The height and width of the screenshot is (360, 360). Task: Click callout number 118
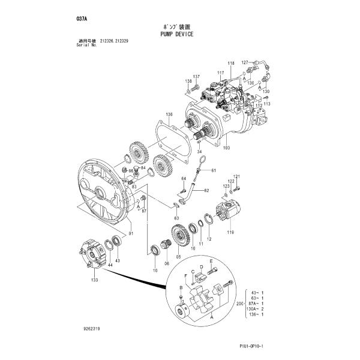click(231, 64)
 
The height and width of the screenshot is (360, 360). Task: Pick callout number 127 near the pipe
click(244, 62)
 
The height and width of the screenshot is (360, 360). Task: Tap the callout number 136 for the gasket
click(169, 114)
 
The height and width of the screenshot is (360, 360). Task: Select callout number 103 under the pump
click(226, 148)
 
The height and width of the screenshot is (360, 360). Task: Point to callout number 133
click(95, 279)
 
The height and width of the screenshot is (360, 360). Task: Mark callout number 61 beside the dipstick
click(213, 171)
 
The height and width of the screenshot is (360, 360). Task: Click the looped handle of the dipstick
click(202, 160)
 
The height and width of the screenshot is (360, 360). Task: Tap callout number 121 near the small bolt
click(236, 176)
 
